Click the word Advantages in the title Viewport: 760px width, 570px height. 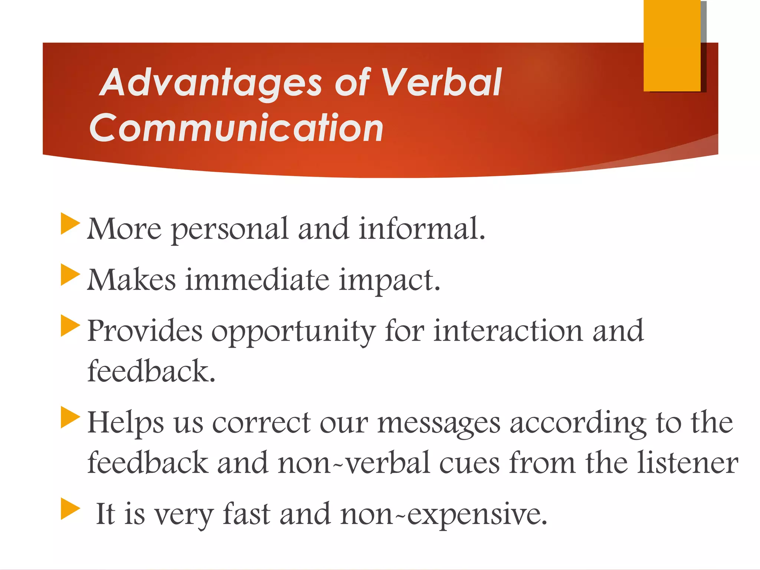point(212,83)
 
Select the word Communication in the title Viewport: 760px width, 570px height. point(236,128)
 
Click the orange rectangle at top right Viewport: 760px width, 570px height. point(672,45)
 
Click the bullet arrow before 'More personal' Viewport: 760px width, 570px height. point(69,224)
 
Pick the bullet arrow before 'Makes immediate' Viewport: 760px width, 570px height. point(69,275)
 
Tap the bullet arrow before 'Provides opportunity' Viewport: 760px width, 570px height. point(69,325)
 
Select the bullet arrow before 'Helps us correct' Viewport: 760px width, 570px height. point(69,417)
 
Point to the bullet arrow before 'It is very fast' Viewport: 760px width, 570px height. point(69,509)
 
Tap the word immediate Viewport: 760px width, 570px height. point(257,279)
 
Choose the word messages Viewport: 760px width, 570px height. point(439,423)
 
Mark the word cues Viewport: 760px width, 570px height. point(469,463)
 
